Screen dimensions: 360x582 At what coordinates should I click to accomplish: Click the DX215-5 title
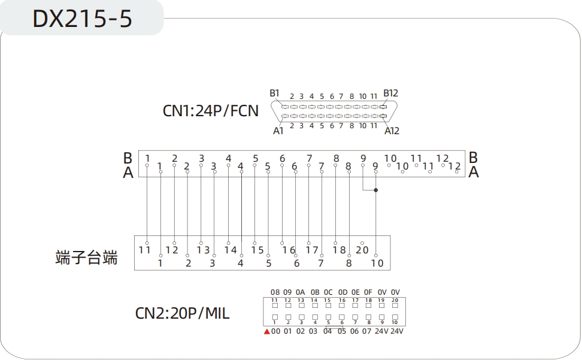82,19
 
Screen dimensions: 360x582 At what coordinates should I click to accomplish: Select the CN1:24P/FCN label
211,111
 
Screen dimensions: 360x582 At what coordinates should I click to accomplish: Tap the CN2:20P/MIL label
183,313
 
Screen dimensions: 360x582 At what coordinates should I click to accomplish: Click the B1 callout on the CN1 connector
275,93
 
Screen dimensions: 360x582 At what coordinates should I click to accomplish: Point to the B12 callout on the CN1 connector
390,93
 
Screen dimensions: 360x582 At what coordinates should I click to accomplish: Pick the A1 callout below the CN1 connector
278,130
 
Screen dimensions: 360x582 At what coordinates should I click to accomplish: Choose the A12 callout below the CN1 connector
392,130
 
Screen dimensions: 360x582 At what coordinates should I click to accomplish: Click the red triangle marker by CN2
267,331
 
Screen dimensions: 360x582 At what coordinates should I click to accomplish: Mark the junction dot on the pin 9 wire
376,190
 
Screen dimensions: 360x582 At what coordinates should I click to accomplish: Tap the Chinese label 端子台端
86,258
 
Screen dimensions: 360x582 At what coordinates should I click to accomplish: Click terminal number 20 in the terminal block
362,250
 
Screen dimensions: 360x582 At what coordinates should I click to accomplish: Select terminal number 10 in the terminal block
377,262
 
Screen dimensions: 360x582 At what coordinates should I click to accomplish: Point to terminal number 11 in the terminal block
144,250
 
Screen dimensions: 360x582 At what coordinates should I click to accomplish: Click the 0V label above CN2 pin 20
395,292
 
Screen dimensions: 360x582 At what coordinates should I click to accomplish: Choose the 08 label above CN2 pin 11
275,292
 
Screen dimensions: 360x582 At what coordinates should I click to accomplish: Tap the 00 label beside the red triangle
275,331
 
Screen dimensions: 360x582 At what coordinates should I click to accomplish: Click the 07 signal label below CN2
367,331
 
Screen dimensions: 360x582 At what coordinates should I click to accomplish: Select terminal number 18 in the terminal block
339,250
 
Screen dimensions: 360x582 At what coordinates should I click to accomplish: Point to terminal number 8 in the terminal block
349,262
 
